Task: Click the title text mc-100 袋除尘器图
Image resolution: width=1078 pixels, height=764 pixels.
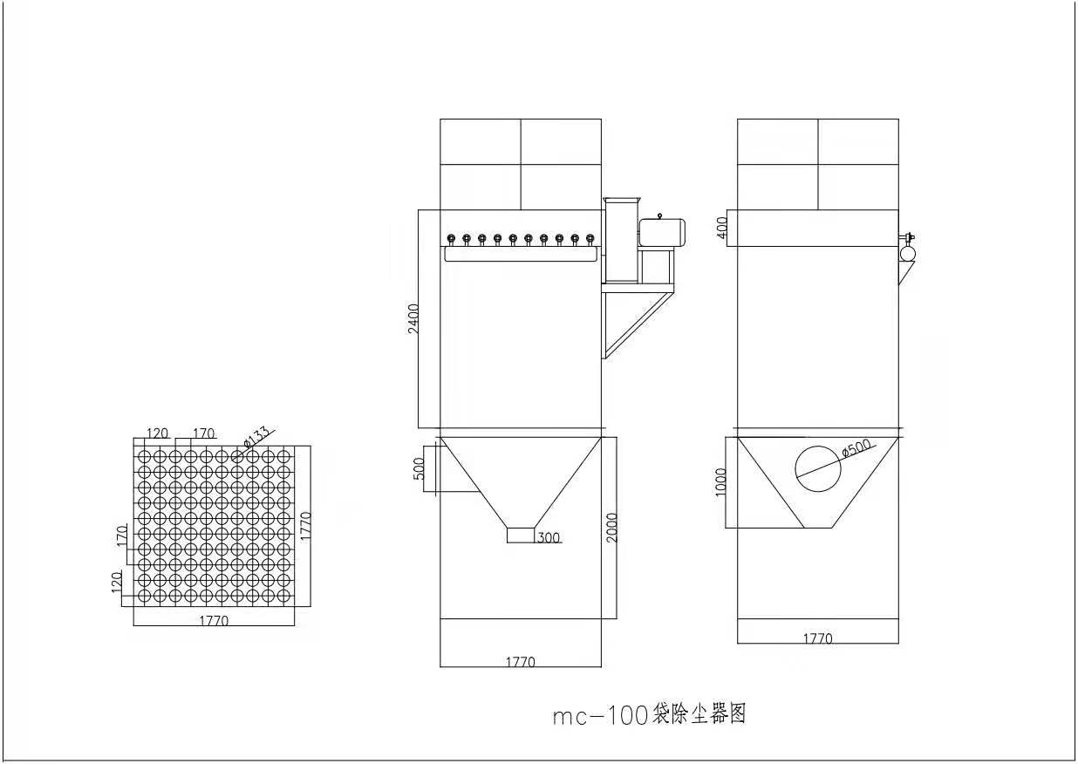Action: click(649, 715)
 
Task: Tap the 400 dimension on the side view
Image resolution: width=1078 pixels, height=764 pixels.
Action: click(723, 227)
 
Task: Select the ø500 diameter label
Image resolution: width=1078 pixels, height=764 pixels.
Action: click(857, 448)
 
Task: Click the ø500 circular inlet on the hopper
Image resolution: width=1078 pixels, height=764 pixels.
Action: click(795, 468)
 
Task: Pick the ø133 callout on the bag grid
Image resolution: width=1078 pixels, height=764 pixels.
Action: click(256, 437)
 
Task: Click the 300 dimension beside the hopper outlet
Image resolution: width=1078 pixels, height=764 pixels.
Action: click(549, 537)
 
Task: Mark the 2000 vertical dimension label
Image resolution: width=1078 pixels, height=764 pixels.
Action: click(611, 528)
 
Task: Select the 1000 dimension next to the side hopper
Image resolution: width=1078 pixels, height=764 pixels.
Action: click(720, 481)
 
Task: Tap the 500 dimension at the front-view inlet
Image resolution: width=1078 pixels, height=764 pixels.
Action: click(420, 468)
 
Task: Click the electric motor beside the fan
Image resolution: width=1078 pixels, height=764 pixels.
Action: click(662, 232)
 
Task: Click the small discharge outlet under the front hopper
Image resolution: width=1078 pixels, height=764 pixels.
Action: click(521, 535)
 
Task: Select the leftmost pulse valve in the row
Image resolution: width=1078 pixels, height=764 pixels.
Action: click(451, 239)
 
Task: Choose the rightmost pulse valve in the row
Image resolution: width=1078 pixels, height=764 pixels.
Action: click(590, 239)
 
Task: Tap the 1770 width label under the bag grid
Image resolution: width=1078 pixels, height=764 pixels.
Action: click(214, 621)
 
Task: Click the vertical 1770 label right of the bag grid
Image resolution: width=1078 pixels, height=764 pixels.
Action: click(305, 526)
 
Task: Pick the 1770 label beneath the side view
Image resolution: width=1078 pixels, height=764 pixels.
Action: click(817, 638)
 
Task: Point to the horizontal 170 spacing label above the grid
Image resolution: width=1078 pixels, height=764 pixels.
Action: click(203, 433)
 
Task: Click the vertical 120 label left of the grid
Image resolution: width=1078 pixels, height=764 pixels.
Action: click(117, 582)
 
